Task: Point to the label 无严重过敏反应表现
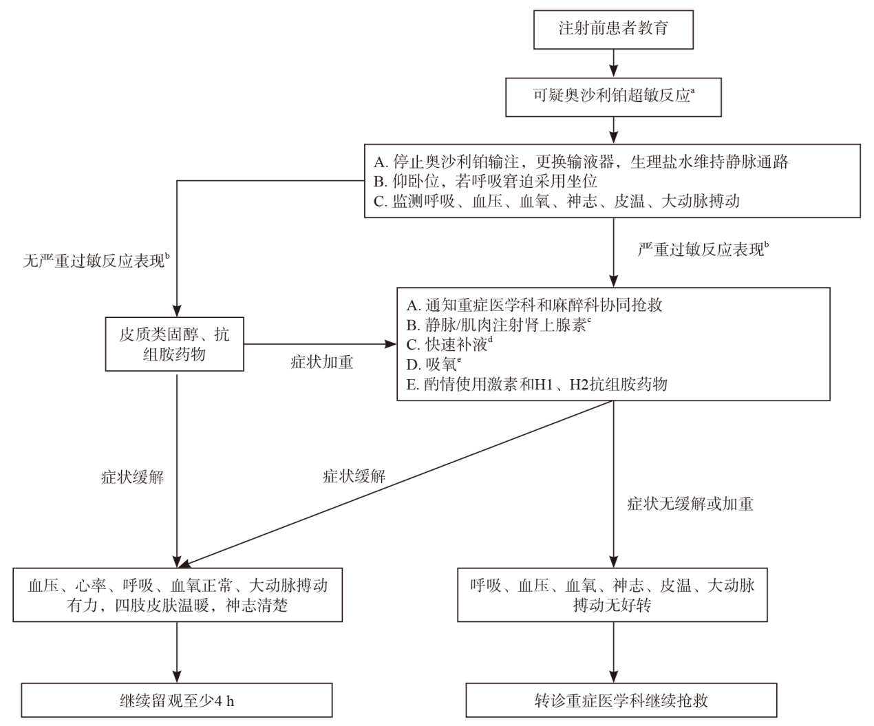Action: click(96, 260)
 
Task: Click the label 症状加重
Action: click(321, 362)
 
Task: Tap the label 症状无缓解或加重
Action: click(690, 504)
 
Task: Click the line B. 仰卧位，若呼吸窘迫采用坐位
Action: click(485, 181)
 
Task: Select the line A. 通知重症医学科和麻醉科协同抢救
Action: click(534, 306)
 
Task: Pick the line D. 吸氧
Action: click(434, 364)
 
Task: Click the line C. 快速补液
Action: click(449, 344)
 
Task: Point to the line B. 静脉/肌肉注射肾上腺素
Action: click(498, 325)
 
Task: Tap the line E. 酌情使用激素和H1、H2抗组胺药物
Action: click(537, 384)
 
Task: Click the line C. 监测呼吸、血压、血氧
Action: click(556, 202)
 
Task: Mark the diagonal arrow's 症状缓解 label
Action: click(354, 476)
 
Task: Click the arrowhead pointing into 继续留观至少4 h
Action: click(177, 677)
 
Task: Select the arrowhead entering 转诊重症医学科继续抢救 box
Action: click(614, 677)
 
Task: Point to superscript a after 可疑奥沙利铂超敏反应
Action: click(693, 90)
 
